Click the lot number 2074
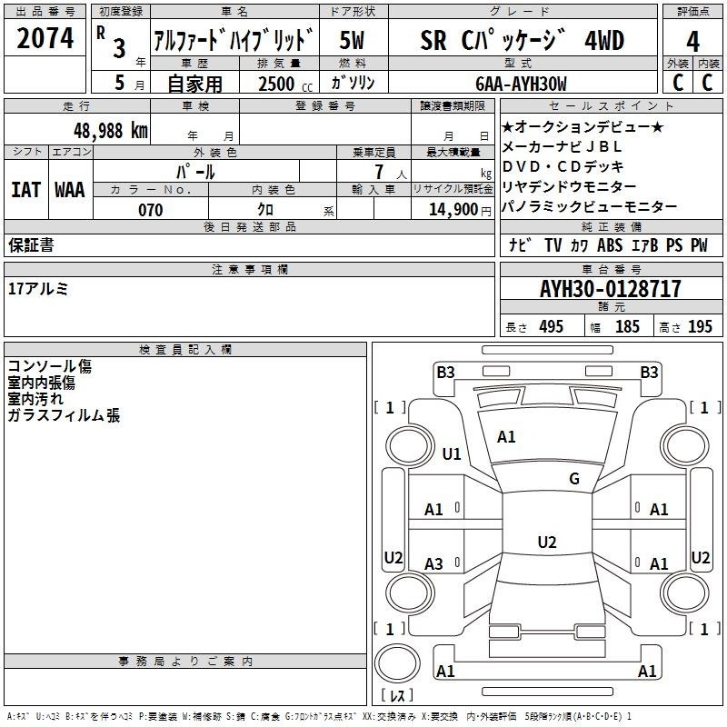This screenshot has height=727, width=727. click(45, 40)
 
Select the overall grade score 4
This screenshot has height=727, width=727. click(692, 40)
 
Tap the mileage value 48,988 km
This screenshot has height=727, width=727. click(111, 130)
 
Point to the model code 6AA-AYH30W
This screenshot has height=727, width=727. click(521, 84)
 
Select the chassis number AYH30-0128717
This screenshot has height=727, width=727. click(610, 289)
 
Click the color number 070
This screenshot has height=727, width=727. click(150, 210)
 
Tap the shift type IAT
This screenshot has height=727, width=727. click(25, 189)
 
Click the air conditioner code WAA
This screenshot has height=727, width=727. click(70, 189)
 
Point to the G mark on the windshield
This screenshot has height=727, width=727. click(574, 479)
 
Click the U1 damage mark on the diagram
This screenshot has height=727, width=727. click(452, 453)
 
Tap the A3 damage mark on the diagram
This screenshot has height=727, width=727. click(434, 564)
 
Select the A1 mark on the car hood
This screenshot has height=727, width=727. click(506, 437)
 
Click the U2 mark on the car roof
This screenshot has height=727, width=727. click(546, 543)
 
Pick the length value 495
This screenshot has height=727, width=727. click(550, 327)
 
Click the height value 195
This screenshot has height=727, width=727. click(700, 327)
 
